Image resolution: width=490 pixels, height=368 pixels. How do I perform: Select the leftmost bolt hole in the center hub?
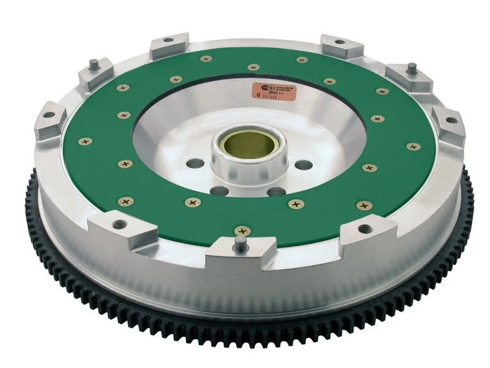[x=193, y=164]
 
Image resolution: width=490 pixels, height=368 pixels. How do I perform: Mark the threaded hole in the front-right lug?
[x=366, y=229]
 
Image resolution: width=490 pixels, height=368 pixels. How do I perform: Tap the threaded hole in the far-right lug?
[x=451, y=120]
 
